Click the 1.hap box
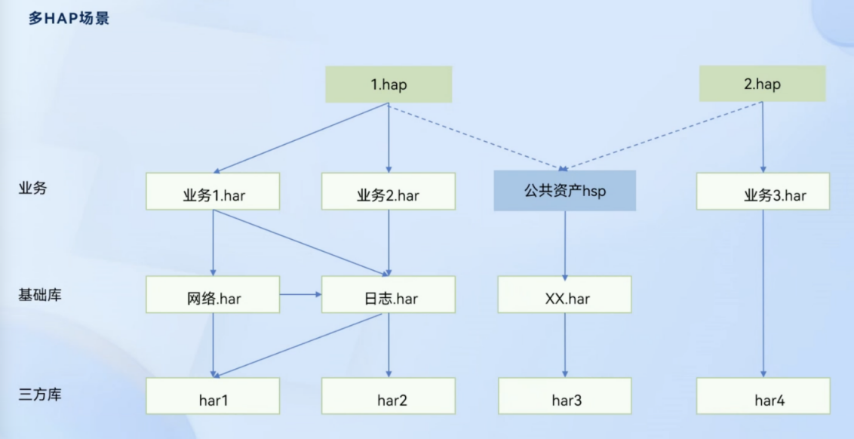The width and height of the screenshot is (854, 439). pyautogui.click(x=389, y=84)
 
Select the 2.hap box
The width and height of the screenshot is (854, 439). pyautogui.click(x=762, y=84)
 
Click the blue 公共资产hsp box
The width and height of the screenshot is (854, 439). pyautogui.click(x=565, y=191)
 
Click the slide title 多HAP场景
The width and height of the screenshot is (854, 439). pyautogui.click(x=69, y=18)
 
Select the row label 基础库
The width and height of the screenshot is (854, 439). pyautogui.click(x=39, y=294)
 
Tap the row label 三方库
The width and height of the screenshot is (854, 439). pyautogui.click(x=39, y=394)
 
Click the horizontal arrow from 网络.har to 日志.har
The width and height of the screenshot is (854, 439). pyautogui.click(x=300, y=294)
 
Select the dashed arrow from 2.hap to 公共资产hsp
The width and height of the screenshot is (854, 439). pyautogui.click(x=664, y=134)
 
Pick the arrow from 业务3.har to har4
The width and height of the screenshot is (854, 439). pyautogui.click(x=763, y=294)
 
